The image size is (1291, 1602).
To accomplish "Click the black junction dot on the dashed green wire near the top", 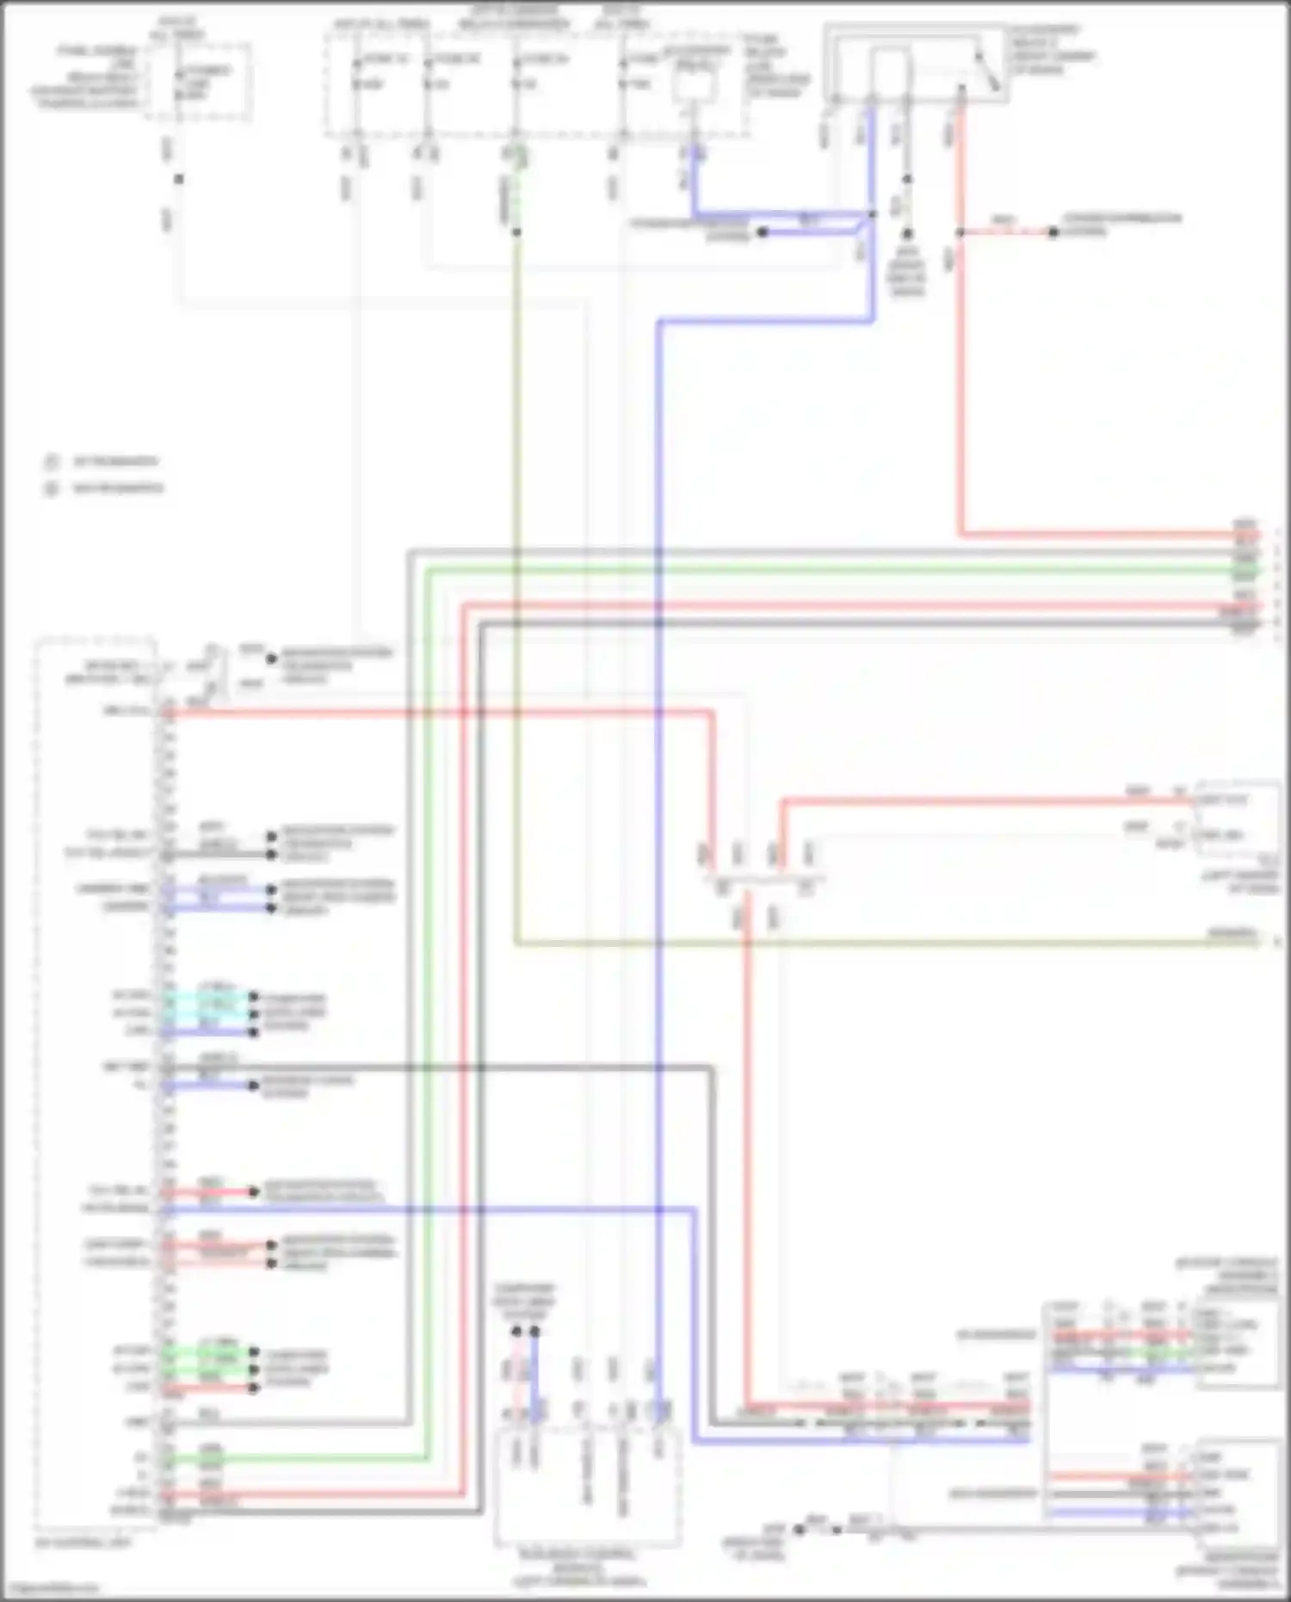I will coord(516,232).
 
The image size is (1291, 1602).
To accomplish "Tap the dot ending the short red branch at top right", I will coord(1052,232).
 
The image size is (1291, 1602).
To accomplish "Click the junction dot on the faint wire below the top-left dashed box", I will coord(179,179).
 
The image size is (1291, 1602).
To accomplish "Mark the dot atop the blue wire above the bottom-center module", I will coord(534,1331).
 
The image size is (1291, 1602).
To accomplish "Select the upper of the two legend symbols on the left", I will coord(52,462).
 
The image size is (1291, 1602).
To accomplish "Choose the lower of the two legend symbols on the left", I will coord(52,489).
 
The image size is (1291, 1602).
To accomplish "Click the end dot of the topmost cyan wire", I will coord(254,997).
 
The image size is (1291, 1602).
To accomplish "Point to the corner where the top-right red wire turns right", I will coord(961,534).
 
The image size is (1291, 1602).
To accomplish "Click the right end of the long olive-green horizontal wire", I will coord(1258,943).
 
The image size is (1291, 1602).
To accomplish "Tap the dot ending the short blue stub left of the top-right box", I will coord(762,232).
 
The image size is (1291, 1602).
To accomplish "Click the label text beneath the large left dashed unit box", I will coord(83,1543).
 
